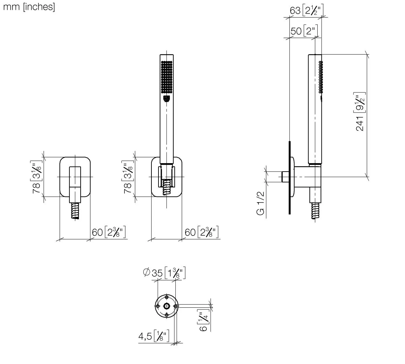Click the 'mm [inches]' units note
(x=29, y=7)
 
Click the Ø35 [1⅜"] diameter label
(x=165, y=273)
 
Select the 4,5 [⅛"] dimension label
(x=154, y=336)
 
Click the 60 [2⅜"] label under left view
(x=109, y=232)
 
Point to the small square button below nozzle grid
(x=166, y=98)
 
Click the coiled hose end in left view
(x=76, y=211)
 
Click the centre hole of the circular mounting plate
(x=167, y=306)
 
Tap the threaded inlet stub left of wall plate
(x=285, y=177)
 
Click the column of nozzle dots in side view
(x=320, y=77)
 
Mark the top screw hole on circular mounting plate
(x=167, y=297)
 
